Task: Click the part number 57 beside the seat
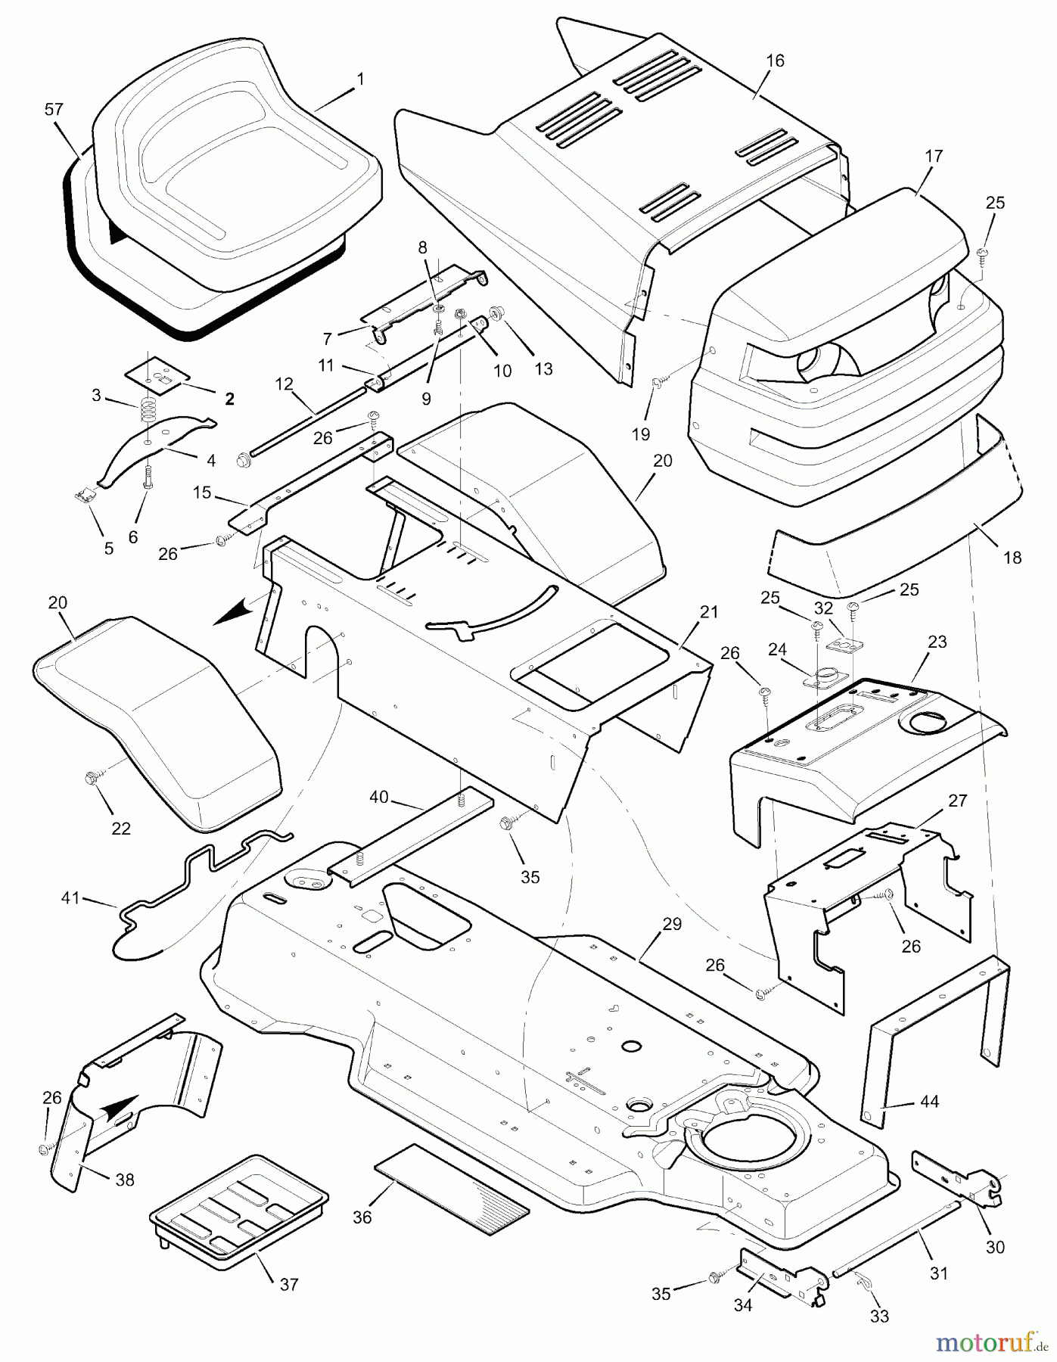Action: tap(54, 110)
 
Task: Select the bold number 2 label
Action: tap(228, 400)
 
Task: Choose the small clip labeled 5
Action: tap(87, 496)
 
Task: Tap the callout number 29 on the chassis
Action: tap(672, 924)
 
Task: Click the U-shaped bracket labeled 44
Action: tap(938, 1029)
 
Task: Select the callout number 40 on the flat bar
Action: tap(378, 797)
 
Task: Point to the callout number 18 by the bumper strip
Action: tap(1012, 558)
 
